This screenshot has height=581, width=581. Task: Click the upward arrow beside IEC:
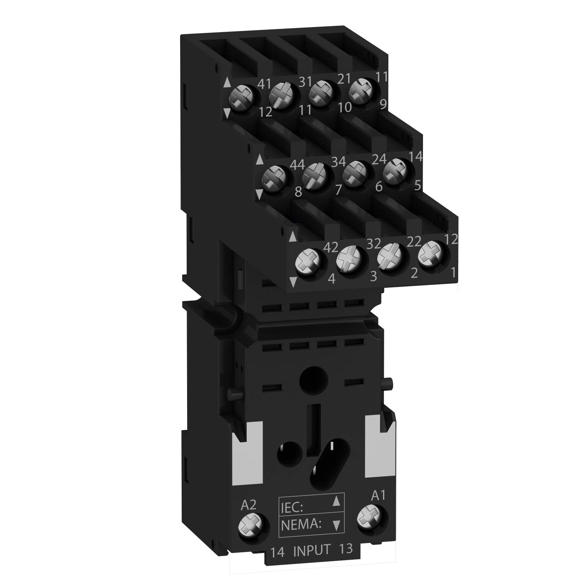click(x=337, y=502)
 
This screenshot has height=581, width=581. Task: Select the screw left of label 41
click(x=239, y=95)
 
